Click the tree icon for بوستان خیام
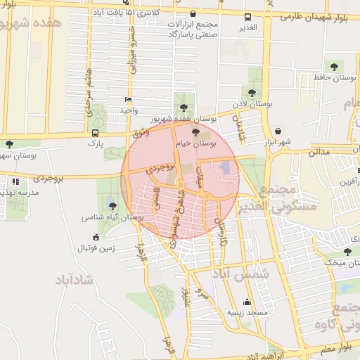195,132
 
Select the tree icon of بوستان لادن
252,93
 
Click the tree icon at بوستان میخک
347,252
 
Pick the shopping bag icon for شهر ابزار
278,131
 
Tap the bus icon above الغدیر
247,17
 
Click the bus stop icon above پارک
95,132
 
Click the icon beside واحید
128,100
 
